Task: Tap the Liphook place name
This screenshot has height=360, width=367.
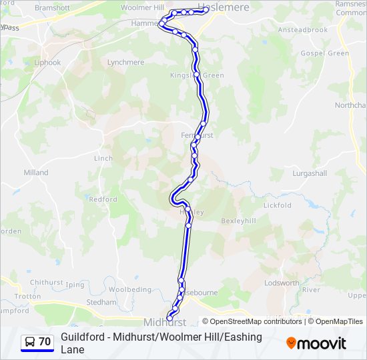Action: point(47,63)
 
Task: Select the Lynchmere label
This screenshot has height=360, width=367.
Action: point(125,62)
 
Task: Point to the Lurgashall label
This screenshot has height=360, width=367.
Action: point(310,173)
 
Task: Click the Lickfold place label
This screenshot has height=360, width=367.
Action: point(278,205)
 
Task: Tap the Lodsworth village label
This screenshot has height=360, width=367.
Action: point(282,283)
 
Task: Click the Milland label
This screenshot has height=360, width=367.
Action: point(36,173)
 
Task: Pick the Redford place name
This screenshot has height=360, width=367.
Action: point(103,199)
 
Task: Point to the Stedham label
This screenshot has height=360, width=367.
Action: point(101,302)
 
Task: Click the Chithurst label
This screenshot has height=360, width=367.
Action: point(46,283)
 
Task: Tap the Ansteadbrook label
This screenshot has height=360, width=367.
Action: point(303,30)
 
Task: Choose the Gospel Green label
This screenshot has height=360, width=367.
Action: point(325,53)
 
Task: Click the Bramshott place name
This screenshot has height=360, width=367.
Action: point(52,7)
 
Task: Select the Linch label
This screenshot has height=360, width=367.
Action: point(103,159)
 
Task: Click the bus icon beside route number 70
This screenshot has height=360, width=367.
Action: point(29,342)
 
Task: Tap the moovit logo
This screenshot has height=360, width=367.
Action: point(316,343)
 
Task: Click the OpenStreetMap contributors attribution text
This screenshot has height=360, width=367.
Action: point(256,321)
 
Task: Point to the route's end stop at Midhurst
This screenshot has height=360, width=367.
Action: point(169,318)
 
